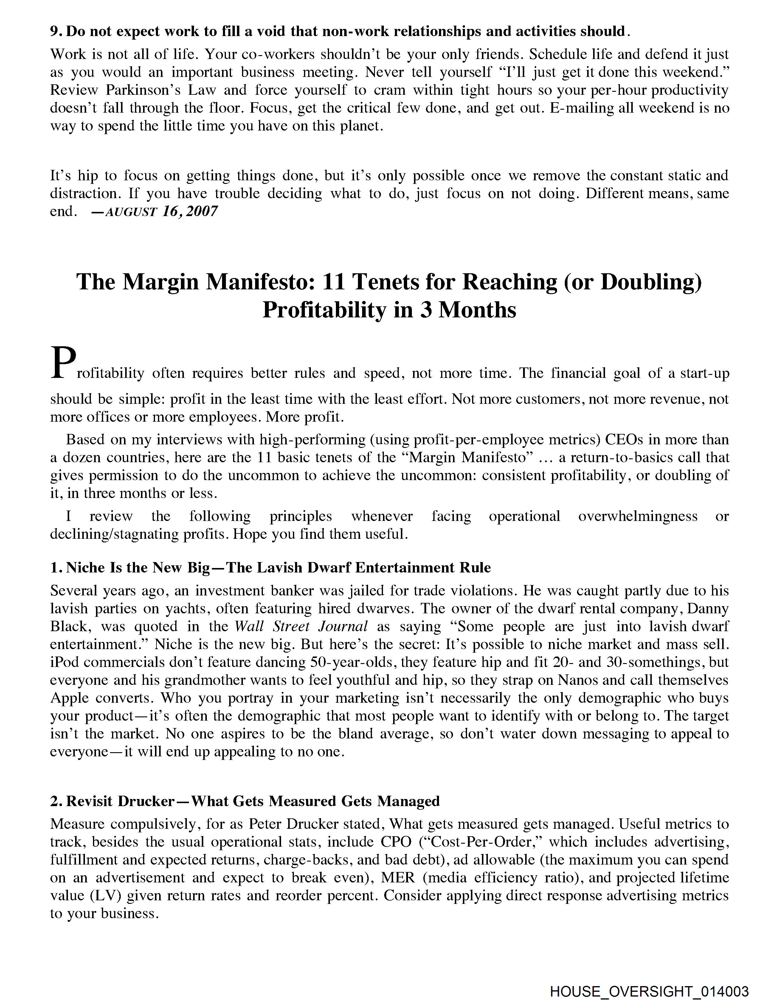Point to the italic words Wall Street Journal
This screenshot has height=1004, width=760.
tap(301, 626)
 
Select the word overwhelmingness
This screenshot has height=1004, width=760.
tap(638, 516)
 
